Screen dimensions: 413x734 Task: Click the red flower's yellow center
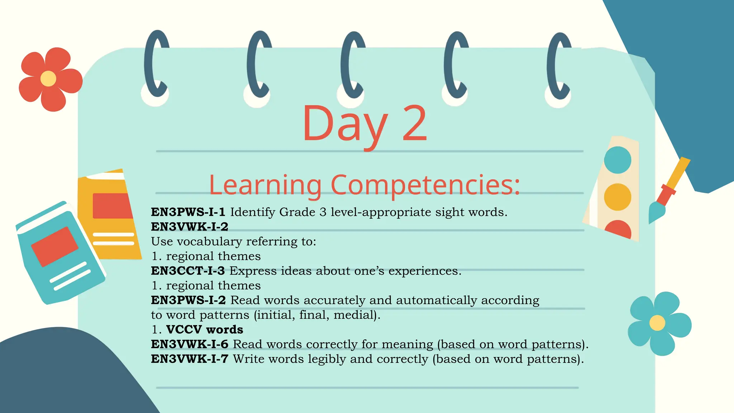48,79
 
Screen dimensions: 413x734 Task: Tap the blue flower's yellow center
657,323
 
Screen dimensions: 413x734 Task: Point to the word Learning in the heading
265,185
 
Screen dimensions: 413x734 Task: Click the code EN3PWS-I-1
188,212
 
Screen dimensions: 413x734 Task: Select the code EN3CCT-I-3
188,271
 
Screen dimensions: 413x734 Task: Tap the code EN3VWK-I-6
190,345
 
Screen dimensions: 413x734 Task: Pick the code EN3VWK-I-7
190,359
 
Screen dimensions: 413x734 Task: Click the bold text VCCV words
205,330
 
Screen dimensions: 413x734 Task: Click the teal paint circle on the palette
617,160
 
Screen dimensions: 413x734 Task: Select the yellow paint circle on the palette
617,197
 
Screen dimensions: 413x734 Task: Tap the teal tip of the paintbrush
656,212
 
